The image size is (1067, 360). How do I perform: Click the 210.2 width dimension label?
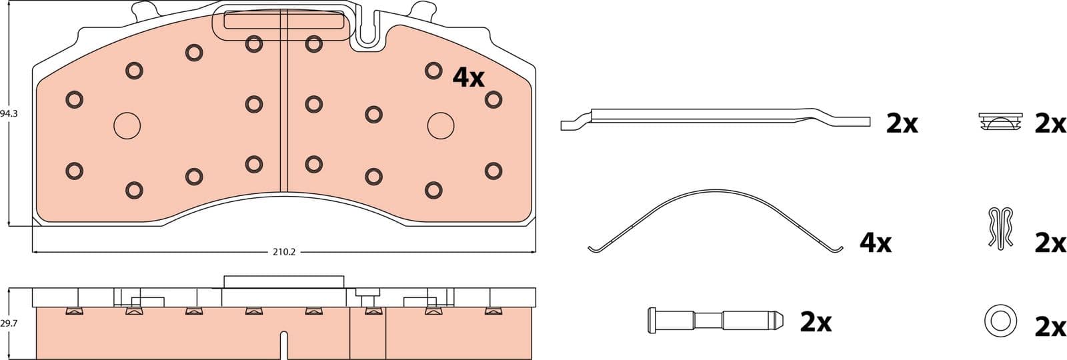[x=284, y=252]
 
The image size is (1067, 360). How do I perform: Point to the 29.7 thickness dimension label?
[x=9, y=324]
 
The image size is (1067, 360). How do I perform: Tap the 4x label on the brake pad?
[x=468, y=77]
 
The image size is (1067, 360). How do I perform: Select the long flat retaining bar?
[x=714, y=119]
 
